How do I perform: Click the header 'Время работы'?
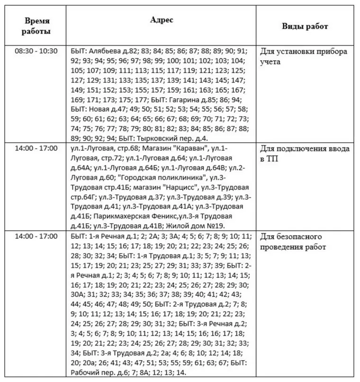point(37,27)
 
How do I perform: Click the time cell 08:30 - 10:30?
point(36,51)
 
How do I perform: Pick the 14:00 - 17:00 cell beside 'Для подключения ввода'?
point(36,148)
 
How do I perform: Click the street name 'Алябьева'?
point(104,51)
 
